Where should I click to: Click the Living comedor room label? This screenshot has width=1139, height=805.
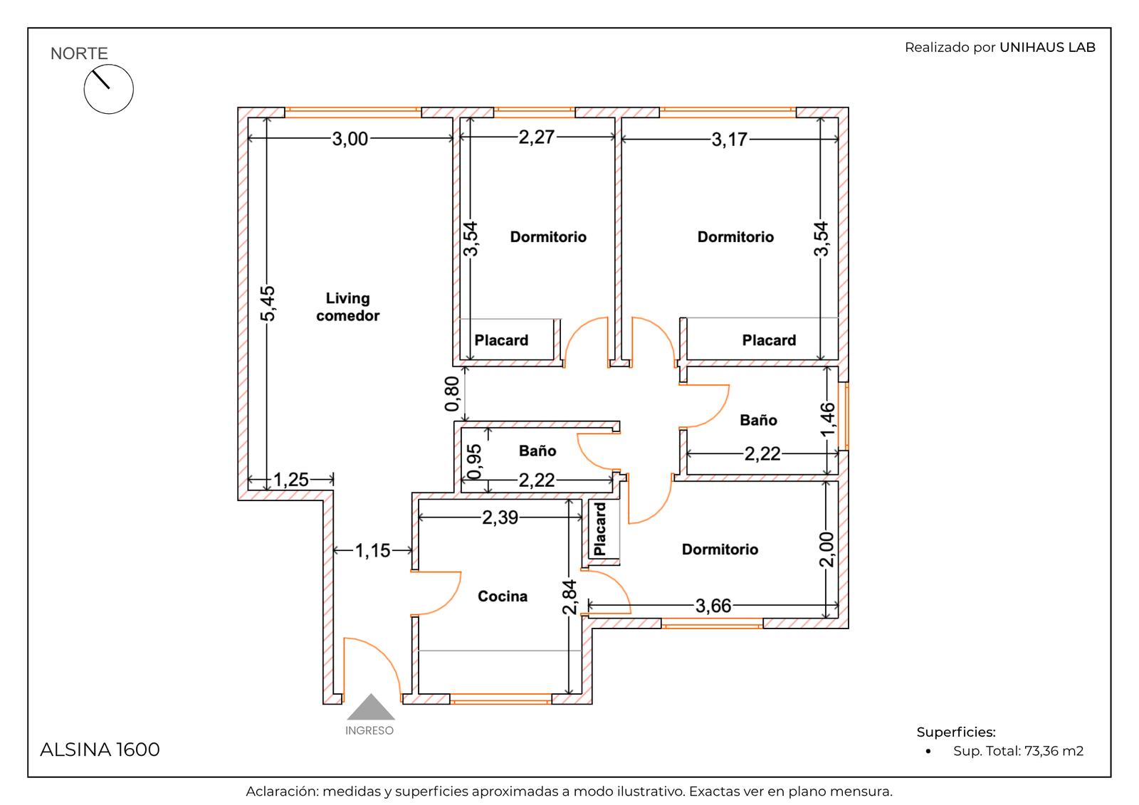(348, 307)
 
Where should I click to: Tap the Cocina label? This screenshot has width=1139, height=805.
(503, 596)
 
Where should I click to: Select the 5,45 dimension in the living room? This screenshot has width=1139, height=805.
(268, 304)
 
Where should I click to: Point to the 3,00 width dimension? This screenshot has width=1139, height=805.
(350, 139)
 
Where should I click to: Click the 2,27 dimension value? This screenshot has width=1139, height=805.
(537, 137)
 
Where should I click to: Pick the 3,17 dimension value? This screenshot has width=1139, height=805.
(729, 140)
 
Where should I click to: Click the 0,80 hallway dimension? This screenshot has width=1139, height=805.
(451, 394)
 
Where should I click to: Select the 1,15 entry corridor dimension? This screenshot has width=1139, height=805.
(372, 550)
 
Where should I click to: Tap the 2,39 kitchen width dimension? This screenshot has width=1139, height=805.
(500, 517)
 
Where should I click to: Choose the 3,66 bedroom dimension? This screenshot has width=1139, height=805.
(713, 606)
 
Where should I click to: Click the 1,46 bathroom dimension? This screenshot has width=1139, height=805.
(828, 419)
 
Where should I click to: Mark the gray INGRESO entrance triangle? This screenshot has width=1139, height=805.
(371, 707)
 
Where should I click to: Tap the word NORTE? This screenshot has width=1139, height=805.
(79, 53)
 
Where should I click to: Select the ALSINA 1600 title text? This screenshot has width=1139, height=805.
(100, 749)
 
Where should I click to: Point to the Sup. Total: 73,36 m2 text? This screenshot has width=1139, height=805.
(1018, 751)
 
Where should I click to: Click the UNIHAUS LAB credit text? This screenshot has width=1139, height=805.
(1047, 47)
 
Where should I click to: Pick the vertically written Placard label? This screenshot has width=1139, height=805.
(600, 529)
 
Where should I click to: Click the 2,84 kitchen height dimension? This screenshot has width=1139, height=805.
(569, 597)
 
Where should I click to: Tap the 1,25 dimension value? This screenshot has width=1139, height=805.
(291, 480)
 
